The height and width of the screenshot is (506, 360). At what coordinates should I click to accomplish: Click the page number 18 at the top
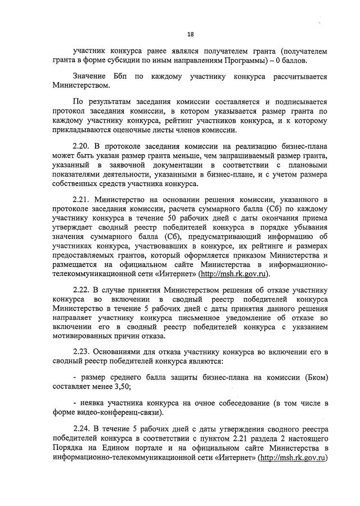pos(190,33)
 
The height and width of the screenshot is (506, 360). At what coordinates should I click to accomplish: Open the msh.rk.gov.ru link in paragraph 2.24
pos(293,459)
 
